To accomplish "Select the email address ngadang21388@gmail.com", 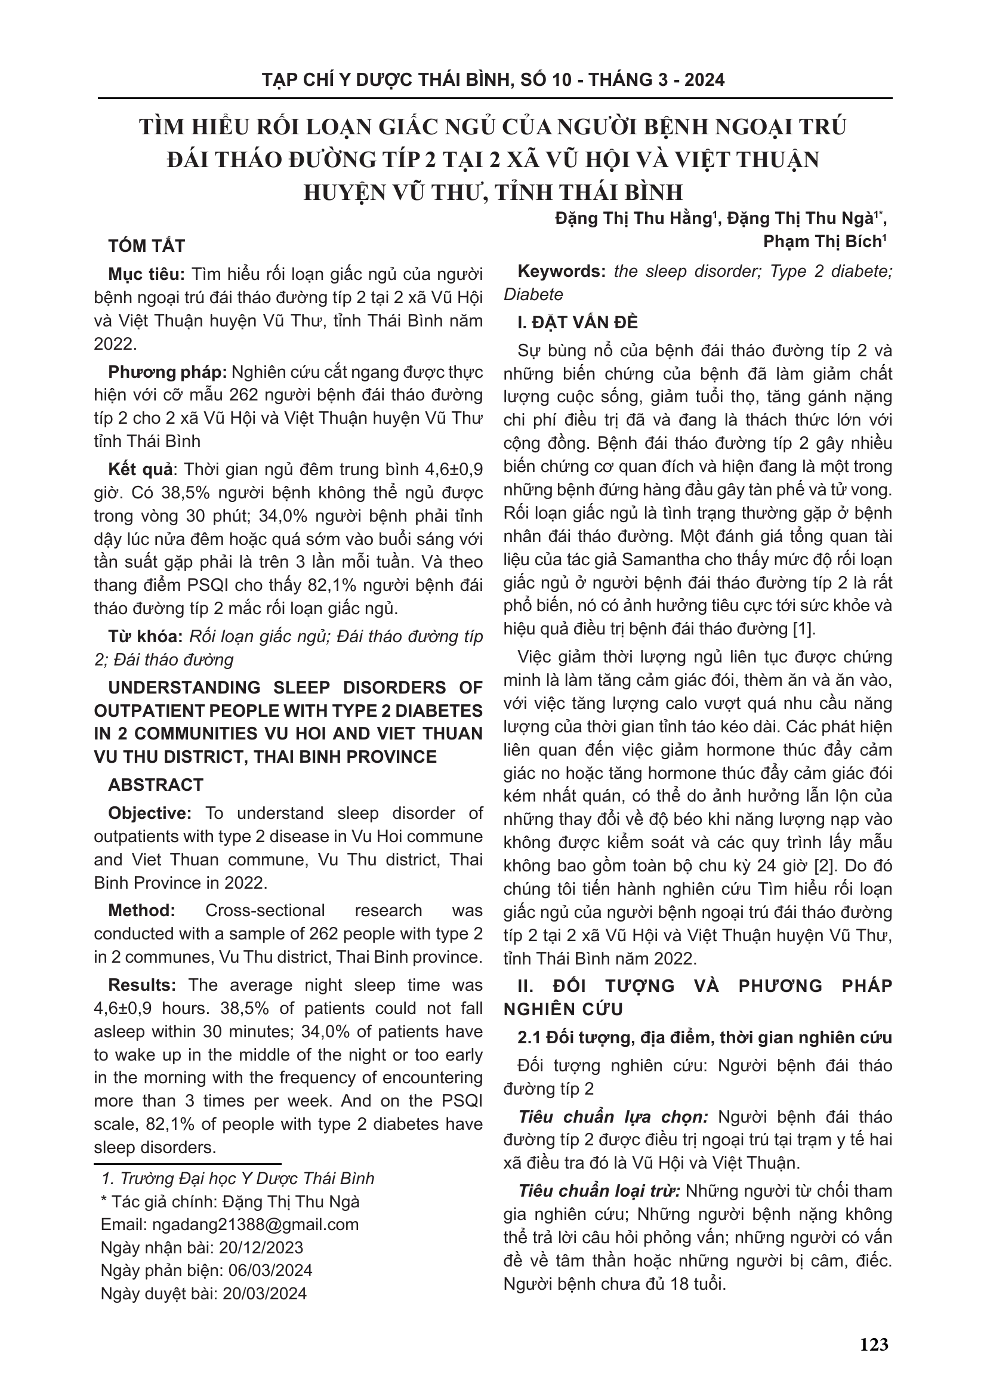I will point(255,1225).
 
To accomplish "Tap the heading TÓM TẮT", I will point(146,246).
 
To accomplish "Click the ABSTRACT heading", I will point(156,785).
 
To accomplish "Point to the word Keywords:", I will point(561,272).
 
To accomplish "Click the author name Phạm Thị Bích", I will point(822,242).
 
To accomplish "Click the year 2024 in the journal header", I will point(704,80).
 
